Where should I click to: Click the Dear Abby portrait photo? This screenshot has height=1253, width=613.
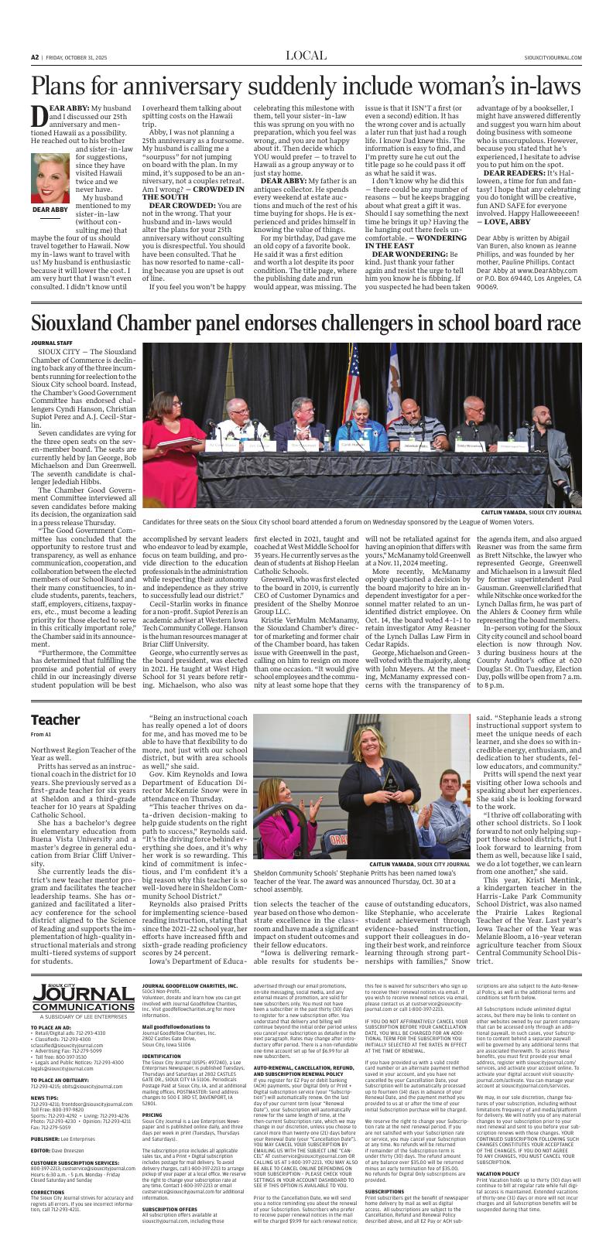click(50, 177)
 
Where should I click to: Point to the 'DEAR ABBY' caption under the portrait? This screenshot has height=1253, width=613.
click(50, 210)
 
